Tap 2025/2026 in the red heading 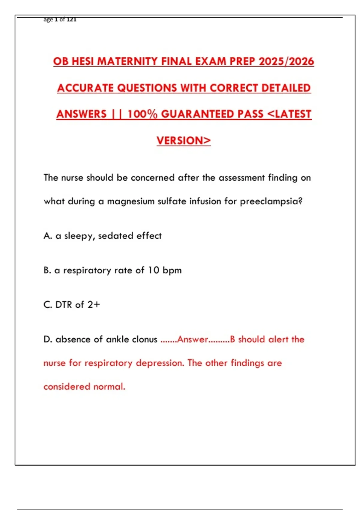(x=286, y=61)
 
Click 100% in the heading (x=142, y=114)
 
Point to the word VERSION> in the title (x=184, y=141)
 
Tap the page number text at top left (x=60, y=19)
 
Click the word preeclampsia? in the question (x=271, y=201)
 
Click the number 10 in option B (x=153, y=270)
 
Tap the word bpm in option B (x=172, y=271)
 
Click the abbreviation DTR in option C (x=64, y=305)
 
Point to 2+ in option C (x=94, y=305)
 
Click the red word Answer (x=192, y=339)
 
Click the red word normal (x=109, y=387)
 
